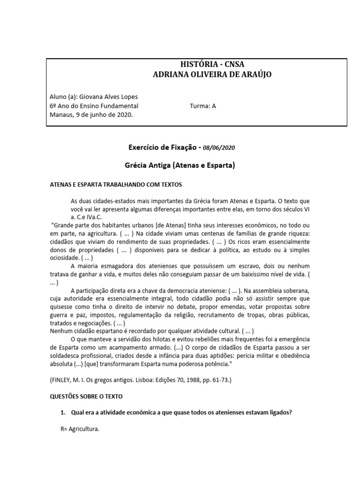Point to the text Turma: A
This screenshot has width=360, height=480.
(x=202, y=106)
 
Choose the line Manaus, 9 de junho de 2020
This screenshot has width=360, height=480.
(x=91, y=115)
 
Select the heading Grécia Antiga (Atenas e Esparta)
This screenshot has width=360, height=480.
(x=180, y=165)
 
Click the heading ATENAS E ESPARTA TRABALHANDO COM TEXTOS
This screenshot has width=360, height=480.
(x=115, y=184)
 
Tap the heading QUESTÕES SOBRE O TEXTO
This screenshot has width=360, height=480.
(x=86, y=396)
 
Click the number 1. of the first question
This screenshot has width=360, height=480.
(x=62, y=412)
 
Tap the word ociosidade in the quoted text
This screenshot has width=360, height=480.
(x=65, y=258)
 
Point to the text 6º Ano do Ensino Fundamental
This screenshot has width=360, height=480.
(x=94, y=106)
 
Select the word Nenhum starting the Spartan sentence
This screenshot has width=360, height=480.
(x=61, y=331)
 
